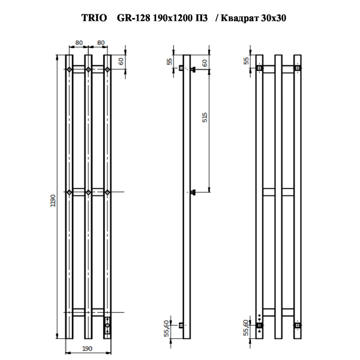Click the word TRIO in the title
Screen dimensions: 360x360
94,18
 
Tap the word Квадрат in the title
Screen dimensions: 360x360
239,18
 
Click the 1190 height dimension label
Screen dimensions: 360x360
53,200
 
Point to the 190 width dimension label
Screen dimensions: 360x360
87,349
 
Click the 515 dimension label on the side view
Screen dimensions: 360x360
205,118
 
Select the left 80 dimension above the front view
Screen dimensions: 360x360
79,43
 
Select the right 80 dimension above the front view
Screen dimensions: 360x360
101,43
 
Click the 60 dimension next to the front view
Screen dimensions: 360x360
121,61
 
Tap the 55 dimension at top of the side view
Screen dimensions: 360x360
169,62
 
